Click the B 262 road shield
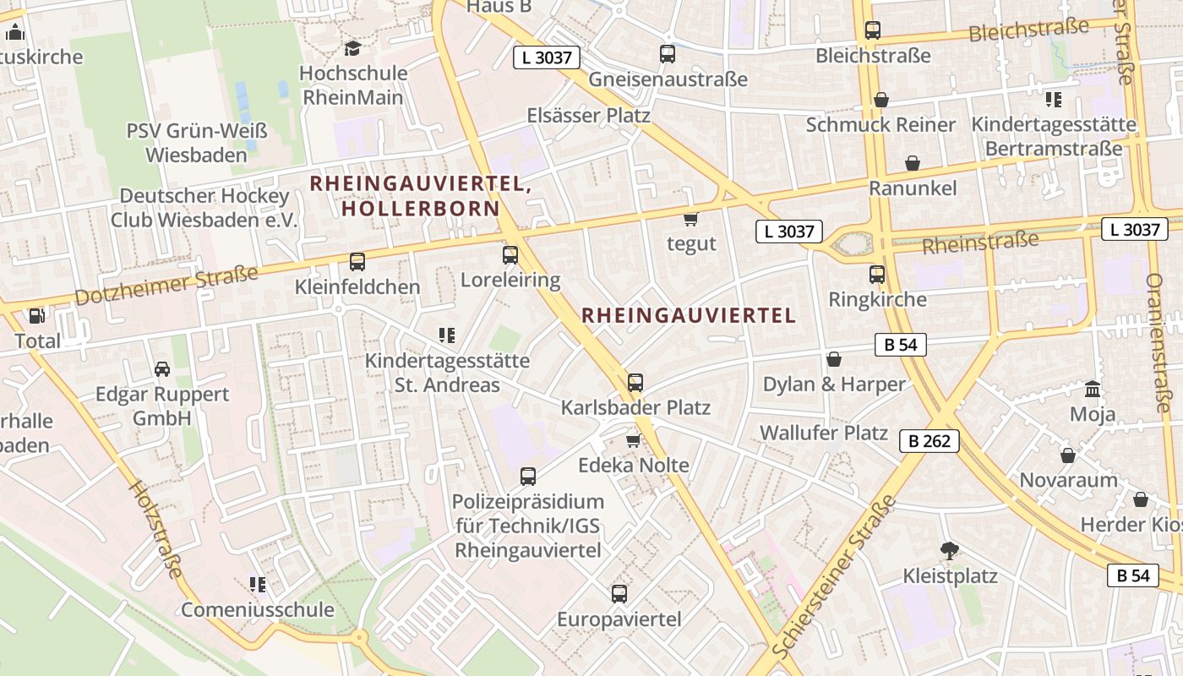point(929,440)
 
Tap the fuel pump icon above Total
point(37,316)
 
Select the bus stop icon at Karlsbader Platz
point(635,382)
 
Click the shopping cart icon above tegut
point(690,219)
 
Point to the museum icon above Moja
point(1093,390)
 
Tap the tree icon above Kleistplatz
point(949,551)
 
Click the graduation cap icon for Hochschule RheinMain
point(352,48)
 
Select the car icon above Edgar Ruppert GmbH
point(162,368)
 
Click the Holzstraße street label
point(155,529)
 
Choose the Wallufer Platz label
point(824,433)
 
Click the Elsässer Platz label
point(588,115)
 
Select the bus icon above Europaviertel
point(619,593)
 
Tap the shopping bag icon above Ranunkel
point(913,163)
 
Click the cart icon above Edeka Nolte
point(633,440)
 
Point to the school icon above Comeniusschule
point(258,584)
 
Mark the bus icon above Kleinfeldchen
point(357,262)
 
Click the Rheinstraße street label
point(980,243)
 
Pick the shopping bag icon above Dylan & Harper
point(834,359)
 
